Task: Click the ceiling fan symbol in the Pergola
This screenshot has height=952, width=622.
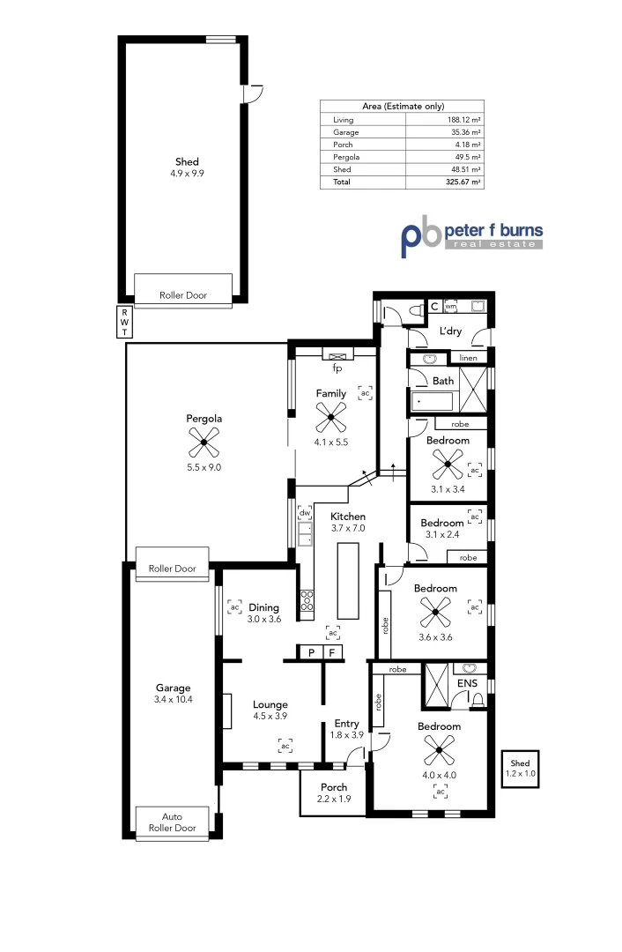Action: pyautogui.click(x=203, y=442)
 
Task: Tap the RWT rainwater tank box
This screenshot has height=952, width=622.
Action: pyautogui.click(x=124, y=322)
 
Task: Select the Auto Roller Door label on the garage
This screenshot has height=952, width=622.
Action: pyautogui.click(x=173, y=822)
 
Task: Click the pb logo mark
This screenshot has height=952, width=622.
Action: pyautogui.click(x=421, y=237)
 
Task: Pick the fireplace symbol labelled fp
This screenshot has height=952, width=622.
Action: pyautogui.click(x=337, y=354)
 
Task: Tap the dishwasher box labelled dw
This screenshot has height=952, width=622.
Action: pyautogui.click(x=304, y=512)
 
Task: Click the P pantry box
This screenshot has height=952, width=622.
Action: pyautogui.click(x=311, y=652)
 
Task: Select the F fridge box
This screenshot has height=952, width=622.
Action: pyautogui.click(x=332, y=652)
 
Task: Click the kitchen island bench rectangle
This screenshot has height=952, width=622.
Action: pyautogui.click(x=348, y=581)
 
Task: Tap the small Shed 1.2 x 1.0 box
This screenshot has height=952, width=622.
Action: pyautogui.click(x=520, y=768)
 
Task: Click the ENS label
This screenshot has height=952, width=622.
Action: pyautogui.click(x=467, y=683)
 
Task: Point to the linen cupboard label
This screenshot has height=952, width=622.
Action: pyautogui.click(x=467, y=358)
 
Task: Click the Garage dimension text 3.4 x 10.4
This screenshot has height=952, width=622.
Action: pyautogui.click(x=173, y=699)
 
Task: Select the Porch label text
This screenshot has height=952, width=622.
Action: pyautogui.click(x=333, y=787)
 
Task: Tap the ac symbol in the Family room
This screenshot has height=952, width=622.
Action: pyautogui.click(x=365, y=393)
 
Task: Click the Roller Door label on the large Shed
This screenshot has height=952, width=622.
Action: pyautogui.click(x=183, y=295)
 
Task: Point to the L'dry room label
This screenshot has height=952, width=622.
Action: pyautogui.click(x=450, y=331)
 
